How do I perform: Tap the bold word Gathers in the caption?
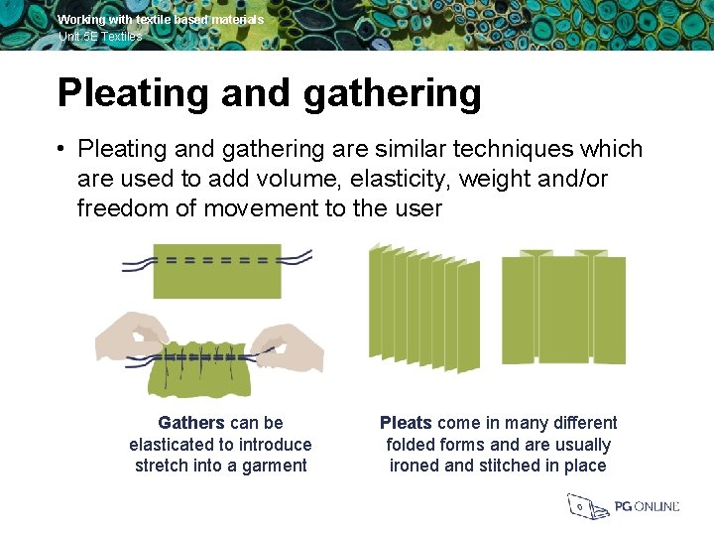coord(191,423)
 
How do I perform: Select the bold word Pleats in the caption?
coord(406,423)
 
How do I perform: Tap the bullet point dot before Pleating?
coord(60,150)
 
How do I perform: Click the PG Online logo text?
coord(647,506)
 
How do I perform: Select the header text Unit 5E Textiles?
coord(100,36)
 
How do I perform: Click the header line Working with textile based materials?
coord(161,20)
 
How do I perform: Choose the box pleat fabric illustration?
coord(562,308)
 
